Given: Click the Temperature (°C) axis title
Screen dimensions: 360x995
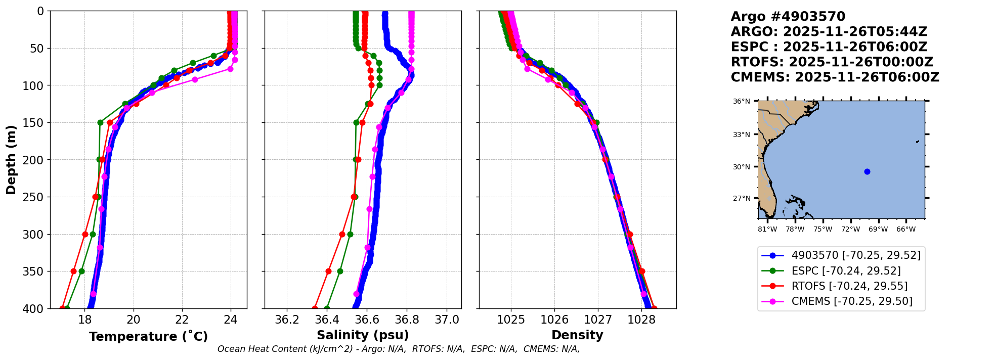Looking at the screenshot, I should [x=148, y=337].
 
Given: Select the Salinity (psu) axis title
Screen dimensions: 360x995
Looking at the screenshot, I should [x=363, y=335].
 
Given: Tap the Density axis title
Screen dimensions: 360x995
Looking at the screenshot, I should [x=577, y=335].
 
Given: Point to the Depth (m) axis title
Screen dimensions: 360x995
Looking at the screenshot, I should [x=11, y=159].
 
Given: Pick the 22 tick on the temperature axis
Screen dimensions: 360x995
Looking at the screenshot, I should [x=182, y=320].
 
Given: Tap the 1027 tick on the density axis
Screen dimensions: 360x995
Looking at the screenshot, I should [x=598, y=320].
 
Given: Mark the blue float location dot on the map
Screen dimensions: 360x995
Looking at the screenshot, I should [x=867, y=171].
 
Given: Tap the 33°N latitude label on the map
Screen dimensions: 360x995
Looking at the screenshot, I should [x=742, y=134].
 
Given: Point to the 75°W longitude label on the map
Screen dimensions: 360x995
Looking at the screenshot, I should [x=823, y=230].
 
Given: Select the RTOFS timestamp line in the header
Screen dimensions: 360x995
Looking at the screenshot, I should [x=832, y=62].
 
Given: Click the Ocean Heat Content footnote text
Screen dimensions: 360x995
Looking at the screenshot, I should [x=399, y=349].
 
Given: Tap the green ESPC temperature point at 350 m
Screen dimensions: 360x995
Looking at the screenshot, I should [x=81, y=272].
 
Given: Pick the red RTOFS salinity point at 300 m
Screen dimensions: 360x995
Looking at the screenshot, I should [x=342, y=235].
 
